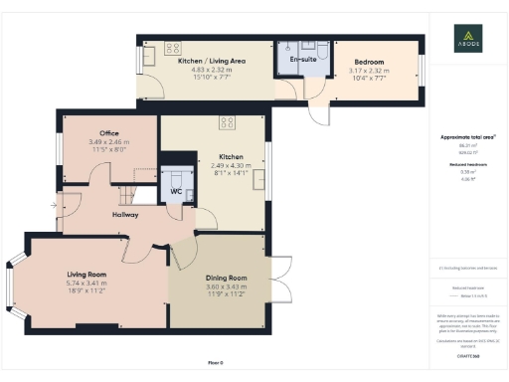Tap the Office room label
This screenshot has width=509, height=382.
click(108, 133)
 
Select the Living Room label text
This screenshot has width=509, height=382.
click(86, 275)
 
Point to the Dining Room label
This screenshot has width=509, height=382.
click(225, 278)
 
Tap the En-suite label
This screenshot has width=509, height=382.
click(302, 61)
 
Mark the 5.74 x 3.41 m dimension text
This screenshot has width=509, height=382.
click(86, 285)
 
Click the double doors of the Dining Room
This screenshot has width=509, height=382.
click(278, 284)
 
